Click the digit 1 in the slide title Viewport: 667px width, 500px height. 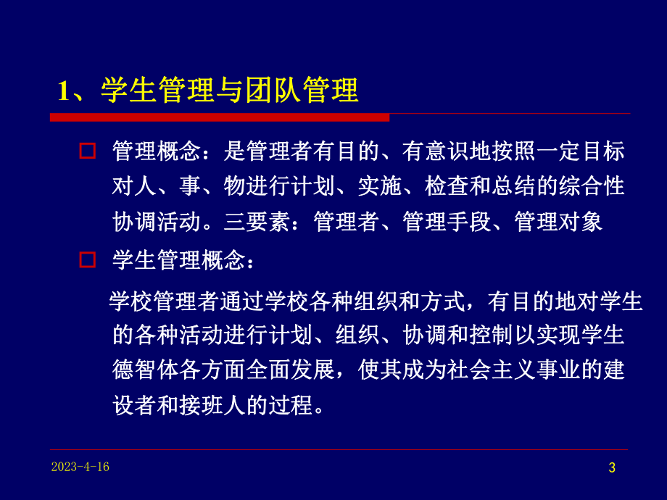63,91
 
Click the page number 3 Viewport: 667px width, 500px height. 611,468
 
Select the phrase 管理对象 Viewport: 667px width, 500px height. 558,221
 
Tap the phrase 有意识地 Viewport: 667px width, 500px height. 470,151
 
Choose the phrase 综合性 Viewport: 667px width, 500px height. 592,186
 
